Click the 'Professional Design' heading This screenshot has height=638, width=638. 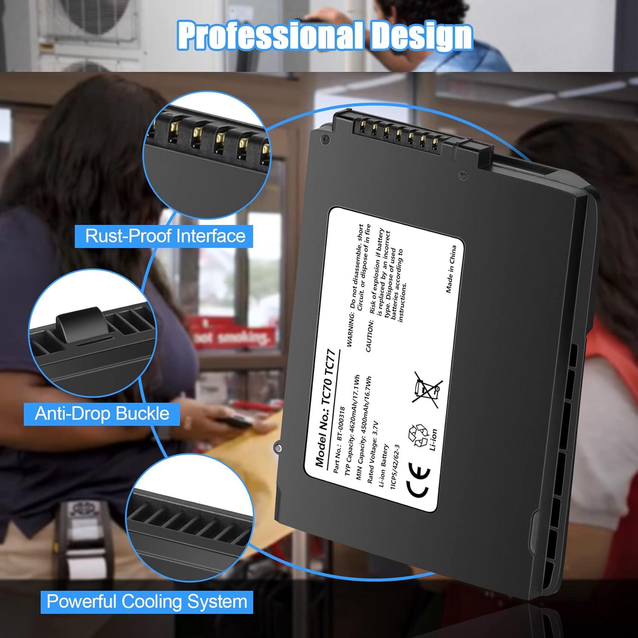(x=325, y=37)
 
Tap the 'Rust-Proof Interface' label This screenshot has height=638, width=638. (x=165, y=236)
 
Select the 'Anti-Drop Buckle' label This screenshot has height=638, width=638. (x=102, y=413)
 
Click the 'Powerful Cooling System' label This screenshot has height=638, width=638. (x=147, y=602)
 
